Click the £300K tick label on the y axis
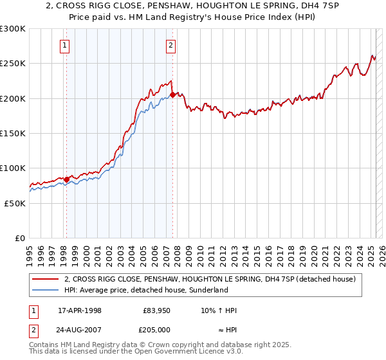coord(13,29)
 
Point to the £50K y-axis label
coord(15,203)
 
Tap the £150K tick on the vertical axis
coord(13,134)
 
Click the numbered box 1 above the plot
coord(66,45)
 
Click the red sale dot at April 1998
coord(66,179)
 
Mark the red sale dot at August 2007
coord(173,95)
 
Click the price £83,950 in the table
coord(156,310)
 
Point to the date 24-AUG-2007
coord(81,330)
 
